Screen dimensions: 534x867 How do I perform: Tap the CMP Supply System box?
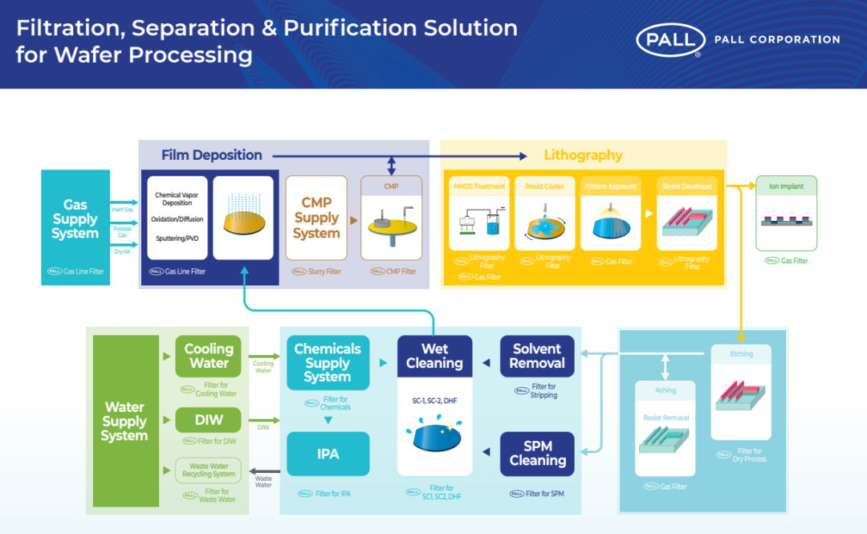[x=316, y=218]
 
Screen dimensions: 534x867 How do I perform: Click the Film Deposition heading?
[x=211, y=155]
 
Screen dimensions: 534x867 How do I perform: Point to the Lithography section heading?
[x=583, y=155]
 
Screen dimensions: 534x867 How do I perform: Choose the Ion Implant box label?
[x=786, y=186]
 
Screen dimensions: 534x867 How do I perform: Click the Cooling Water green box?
[x=209, y=356]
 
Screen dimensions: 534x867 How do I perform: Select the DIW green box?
[x=209, y=419]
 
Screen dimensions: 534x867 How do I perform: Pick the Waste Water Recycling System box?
[x=209, y=470]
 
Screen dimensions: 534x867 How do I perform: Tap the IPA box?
[x=328, y=454]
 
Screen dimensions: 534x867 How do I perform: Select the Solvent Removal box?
[x=537, y=356]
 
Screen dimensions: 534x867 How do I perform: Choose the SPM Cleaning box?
[x=537, y=453]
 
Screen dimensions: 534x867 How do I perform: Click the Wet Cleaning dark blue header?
[x=434, y=356]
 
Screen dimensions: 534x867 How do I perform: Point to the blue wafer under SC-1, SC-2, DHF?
[x=434, y=438]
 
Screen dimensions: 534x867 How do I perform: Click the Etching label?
[x=741, y=353]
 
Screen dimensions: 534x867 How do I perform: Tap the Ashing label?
[x=665, y=390]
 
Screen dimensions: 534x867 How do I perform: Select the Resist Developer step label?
[x=686, y=186]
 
